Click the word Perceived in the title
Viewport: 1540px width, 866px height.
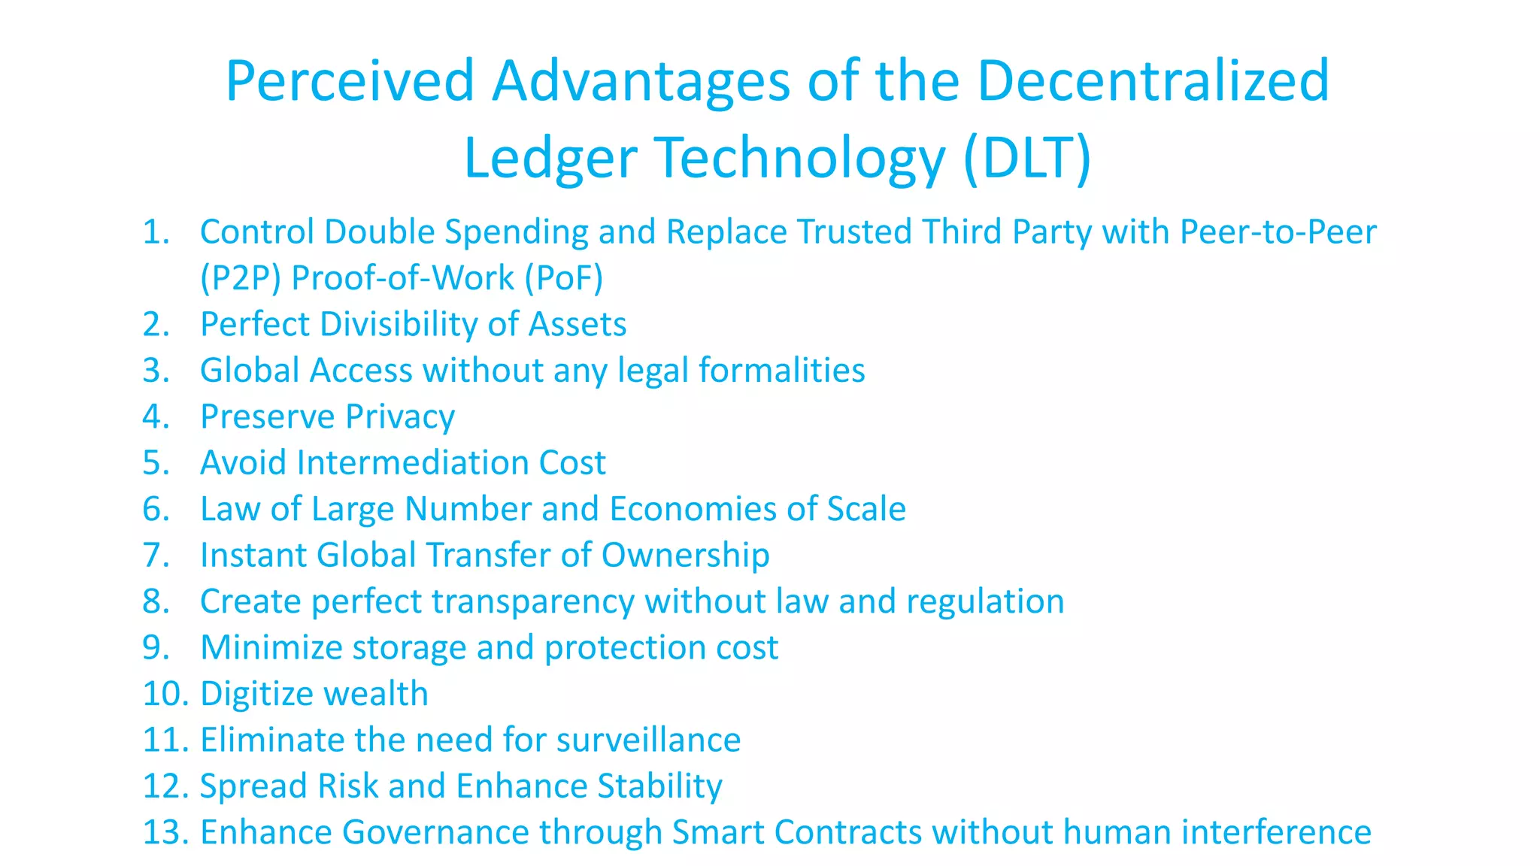click(x=350, y=81)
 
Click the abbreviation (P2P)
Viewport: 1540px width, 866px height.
click(x=241, y=278)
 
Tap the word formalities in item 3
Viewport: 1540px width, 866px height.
click(x=781, y=371)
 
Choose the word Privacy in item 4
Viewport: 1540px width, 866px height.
click(x=400, y=417)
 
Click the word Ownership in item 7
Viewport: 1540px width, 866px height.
click(x=685, y=556)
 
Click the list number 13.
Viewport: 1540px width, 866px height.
click(x=165, y=832)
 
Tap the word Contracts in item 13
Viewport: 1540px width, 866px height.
click(x=848, y=832)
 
